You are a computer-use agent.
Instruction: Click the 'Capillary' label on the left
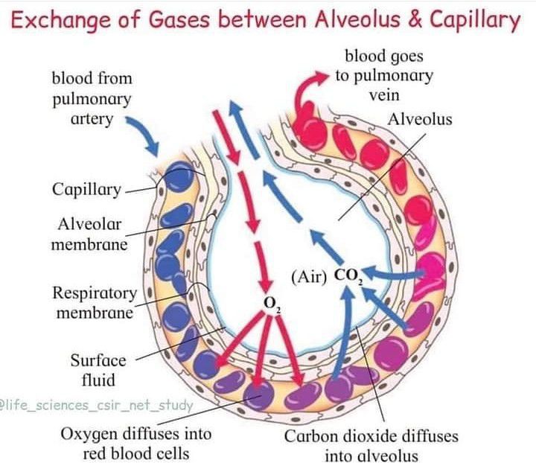click(86, 190)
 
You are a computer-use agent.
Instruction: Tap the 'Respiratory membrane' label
click(94, 302)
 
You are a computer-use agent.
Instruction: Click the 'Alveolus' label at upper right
click(419, 119)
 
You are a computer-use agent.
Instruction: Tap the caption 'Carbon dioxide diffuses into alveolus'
click(371, 445)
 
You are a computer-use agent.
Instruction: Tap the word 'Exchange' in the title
click(60, 21)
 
